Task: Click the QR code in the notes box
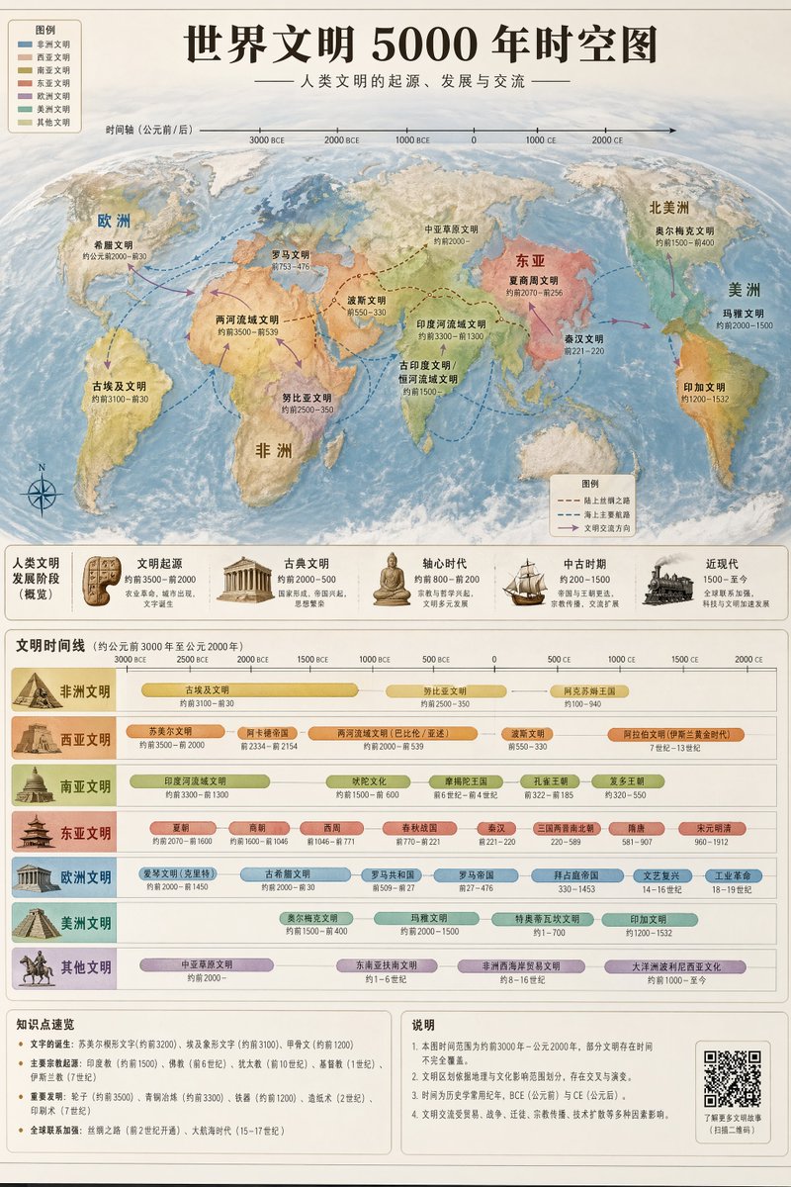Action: [732, 1078]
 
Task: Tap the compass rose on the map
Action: [42, 491]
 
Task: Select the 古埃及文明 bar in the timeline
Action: [249, 690]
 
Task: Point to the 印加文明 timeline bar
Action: [650, 920]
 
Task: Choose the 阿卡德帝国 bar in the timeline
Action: [267, 734]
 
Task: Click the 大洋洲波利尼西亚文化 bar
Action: [676, 966]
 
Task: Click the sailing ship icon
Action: [524, 584]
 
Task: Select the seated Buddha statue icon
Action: [392, 581]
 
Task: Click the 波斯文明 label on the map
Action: [367, 300]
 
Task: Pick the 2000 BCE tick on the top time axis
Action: [341, 139]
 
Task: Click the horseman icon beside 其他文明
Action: [37, 967]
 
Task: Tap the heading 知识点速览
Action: [45, 1025]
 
